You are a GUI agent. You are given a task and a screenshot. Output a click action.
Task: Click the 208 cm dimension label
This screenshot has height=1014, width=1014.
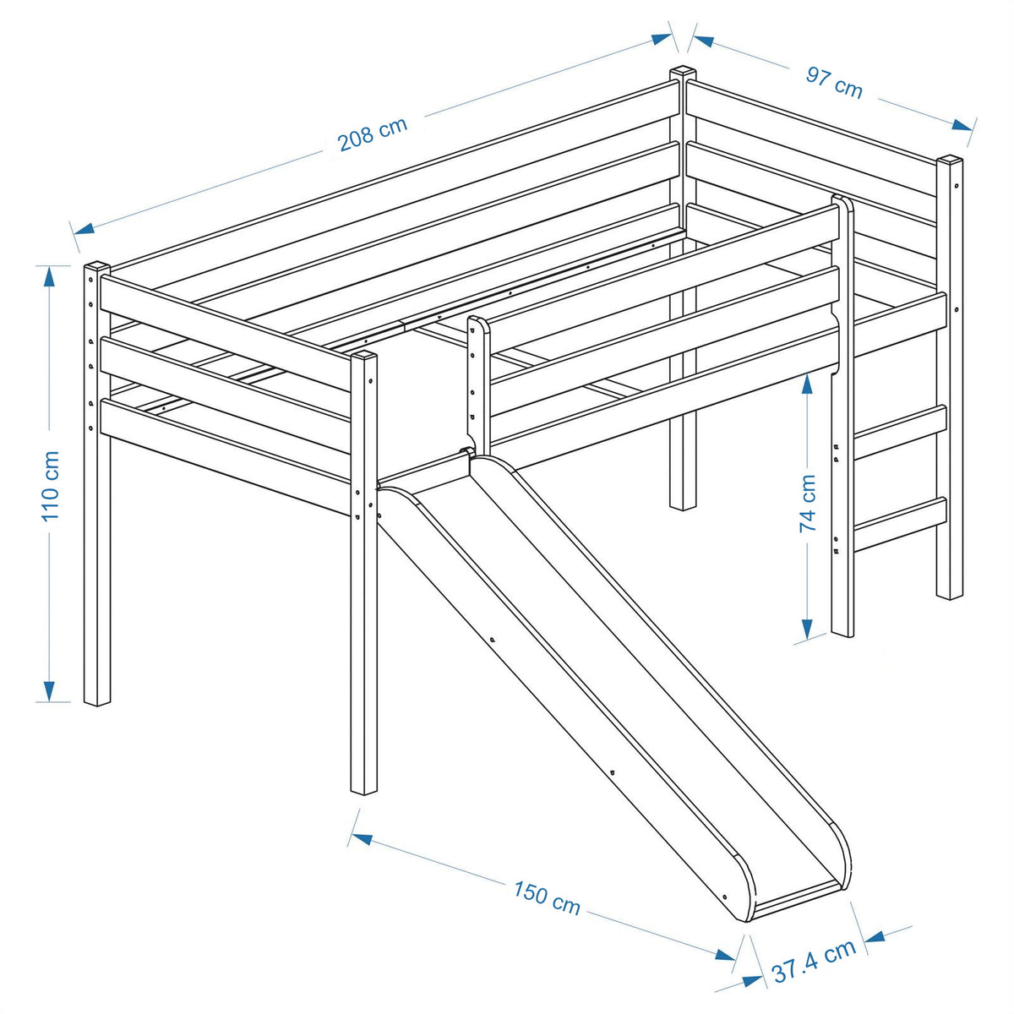[373, 134]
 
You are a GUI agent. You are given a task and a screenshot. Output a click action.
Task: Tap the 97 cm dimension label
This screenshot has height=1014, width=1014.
[833, 83]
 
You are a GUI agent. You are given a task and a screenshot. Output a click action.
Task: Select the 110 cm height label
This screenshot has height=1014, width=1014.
[51, 486]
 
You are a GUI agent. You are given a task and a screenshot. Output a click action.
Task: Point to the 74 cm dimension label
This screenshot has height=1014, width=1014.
[808, 504]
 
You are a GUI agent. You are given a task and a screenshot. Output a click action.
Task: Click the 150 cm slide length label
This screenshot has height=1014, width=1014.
[547, 897]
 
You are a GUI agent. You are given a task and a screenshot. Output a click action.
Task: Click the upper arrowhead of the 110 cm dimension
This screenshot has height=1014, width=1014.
[50, 275]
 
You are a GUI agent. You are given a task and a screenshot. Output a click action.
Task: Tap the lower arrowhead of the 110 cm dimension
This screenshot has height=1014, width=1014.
[50, 691]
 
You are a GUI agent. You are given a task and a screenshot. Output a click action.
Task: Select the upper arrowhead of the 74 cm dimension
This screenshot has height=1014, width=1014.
[807, 384]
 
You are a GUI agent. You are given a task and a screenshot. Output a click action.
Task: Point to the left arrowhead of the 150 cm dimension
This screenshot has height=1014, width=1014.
[362, 838]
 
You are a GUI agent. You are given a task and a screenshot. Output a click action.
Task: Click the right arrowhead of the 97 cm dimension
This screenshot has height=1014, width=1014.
[962, 125]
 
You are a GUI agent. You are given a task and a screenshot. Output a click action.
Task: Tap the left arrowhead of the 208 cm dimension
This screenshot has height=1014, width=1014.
[84, 228]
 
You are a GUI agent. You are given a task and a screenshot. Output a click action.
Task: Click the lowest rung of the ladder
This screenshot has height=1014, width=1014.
[900, 524]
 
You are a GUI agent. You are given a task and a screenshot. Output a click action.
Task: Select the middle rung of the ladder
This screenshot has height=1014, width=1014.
[900, 432]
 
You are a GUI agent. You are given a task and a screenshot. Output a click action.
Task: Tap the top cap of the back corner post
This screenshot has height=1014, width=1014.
[683, 72]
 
